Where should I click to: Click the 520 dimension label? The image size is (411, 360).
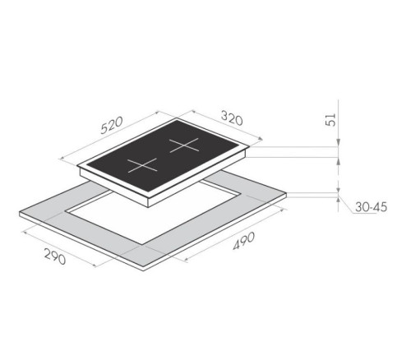click(x=112, y=126)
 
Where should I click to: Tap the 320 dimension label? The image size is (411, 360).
click(x=232, y=118)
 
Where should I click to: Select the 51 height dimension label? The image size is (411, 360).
click(x=331, y=119)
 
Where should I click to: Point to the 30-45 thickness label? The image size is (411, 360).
click(x=371, y=207)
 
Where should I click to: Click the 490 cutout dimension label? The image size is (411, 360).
click(x=244, y=241)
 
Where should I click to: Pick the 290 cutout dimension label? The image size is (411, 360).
click(x=55, y=257)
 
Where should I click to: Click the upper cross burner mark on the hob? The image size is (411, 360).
click(x=184, y=145)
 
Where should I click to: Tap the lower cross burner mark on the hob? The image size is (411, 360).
click(x=143, y=165)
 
